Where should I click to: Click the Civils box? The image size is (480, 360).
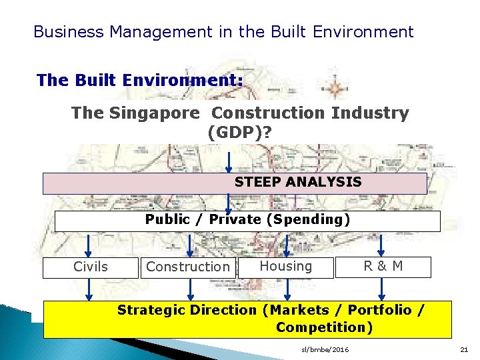[90, 267]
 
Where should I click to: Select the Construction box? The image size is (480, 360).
[187, 267]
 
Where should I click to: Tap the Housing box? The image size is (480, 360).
[285, 266]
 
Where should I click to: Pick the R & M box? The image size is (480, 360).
[383, 266]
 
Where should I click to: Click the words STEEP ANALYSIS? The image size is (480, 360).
[298, 182]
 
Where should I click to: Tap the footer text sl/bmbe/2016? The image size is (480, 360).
[325, 350]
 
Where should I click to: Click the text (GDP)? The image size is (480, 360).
[239, 132]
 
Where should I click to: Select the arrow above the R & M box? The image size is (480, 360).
[381, 244]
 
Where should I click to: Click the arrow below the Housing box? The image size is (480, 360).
[288, 288]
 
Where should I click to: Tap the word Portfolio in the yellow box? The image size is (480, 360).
[379, 310]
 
